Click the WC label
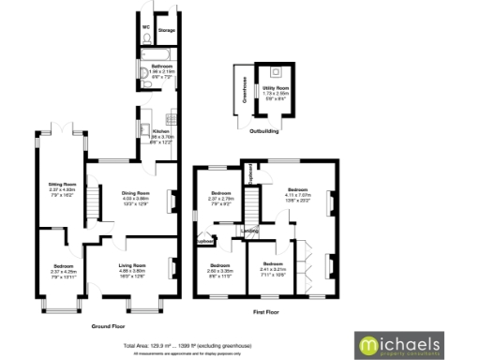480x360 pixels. click(146, 27)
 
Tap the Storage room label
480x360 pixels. click(167, 31)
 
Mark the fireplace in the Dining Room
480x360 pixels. click(172, 200)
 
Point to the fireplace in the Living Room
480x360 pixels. click(172, 273)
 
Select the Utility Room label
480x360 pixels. click(277, 85)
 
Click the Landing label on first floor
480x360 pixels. click(250, 230)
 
